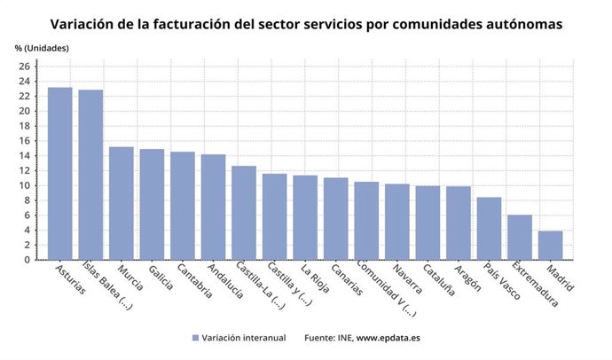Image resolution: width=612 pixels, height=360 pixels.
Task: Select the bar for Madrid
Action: coord(551,246)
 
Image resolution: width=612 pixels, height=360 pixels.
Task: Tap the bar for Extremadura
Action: coord(520,238)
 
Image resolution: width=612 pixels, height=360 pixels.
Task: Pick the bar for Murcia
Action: coord(122,203)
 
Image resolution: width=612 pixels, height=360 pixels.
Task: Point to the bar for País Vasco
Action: coord(489,229)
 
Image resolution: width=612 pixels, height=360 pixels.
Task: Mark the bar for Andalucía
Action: coord(213,207)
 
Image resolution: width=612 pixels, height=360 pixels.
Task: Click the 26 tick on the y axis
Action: coord(26,67)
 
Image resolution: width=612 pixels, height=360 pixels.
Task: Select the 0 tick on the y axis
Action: coord(28,260)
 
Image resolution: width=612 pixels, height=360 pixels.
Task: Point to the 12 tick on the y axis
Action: coord(26,170)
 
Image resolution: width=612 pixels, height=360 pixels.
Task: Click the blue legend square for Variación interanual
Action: coord(194,338)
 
